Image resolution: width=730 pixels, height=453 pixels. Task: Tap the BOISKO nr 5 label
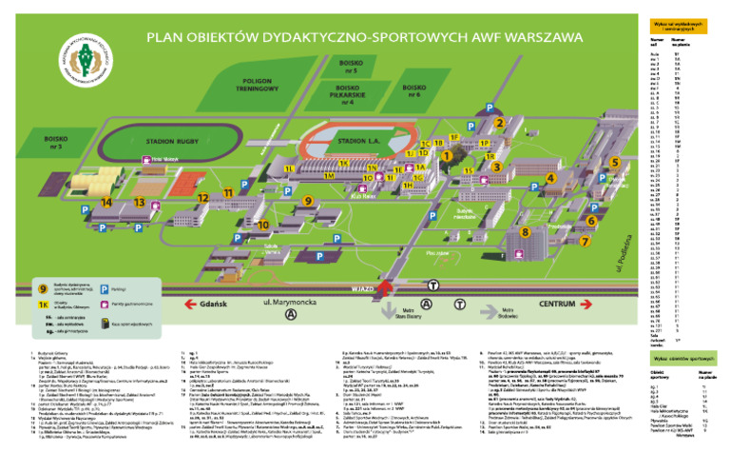pos(351,66)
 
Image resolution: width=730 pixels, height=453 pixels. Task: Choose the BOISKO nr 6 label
pos(413,90)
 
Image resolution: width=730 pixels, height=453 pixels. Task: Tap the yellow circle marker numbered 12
pos(202,198)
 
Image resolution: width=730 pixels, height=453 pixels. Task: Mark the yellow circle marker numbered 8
pos(526,231)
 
